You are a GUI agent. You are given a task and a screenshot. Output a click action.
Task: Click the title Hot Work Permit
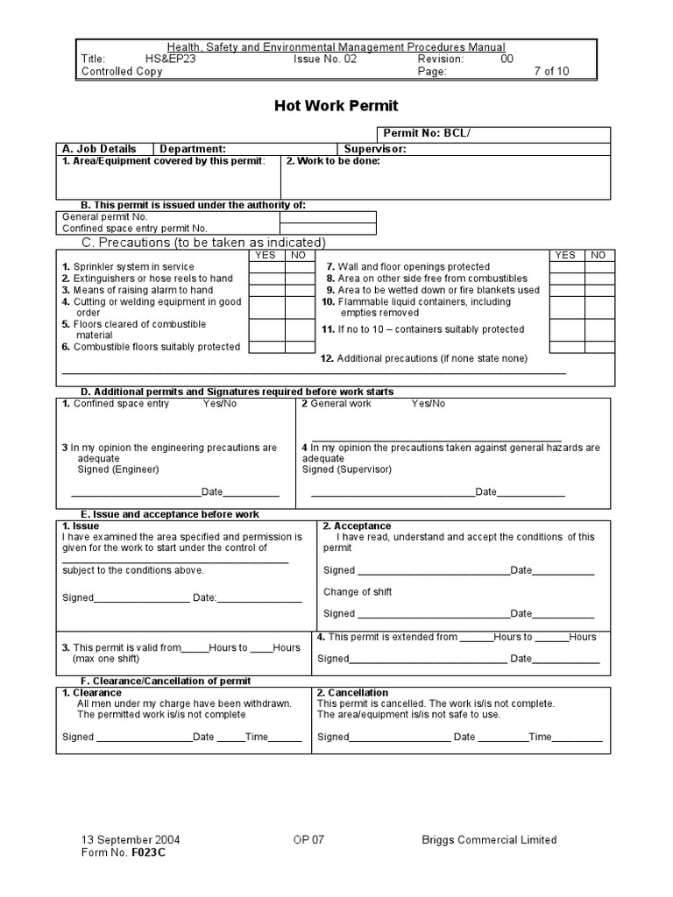point(336,106)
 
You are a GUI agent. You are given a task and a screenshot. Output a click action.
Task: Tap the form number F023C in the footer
point(148,852)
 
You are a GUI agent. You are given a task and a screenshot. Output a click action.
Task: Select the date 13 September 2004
point(131,839)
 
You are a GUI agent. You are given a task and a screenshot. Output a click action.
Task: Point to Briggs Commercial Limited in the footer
point(488,839)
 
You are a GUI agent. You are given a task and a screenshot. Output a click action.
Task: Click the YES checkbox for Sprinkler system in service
point(266,267)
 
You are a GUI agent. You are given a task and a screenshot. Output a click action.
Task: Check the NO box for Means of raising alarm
point(298,290)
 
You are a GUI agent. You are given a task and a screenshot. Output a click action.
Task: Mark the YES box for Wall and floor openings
point(566,267)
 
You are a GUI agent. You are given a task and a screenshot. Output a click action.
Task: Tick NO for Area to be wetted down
point(599,290)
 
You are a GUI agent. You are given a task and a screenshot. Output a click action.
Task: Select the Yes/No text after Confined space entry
point(219,404)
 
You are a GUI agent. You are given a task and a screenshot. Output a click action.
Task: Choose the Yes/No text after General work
point(429,404)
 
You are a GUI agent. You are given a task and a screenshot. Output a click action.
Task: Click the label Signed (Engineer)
point(118,470)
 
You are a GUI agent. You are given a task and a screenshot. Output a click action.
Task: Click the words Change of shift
point(358,592)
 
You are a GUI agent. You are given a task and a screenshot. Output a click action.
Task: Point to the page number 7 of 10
point(550,72)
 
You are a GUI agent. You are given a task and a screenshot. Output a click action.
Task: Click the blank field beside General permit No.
point(328,216)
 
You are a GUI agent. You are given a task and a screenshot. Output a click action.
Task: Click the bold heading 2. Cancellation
point(352,693)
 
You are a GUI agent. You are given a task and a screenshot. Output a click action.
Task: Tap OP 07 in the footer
point(308,839)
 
